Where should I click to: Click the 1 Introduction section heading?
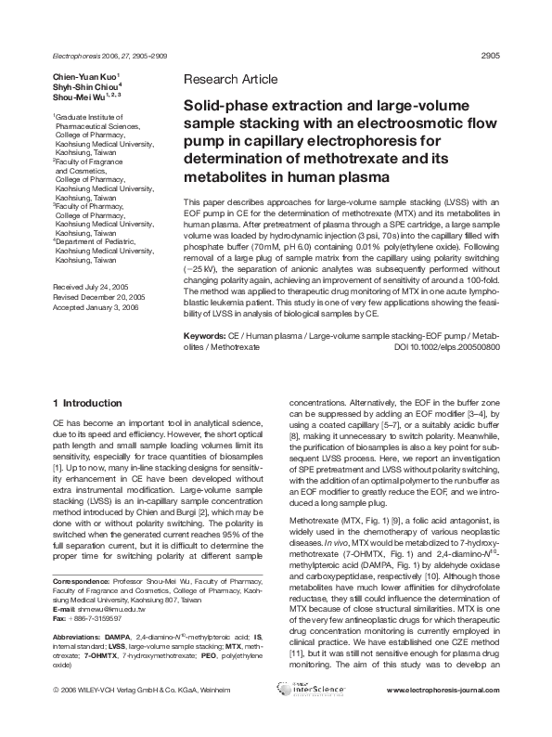pyautogui.click(x=87, y=403)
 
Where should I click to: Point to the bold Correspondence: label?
pyautogui.click(x=81, y=556)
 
